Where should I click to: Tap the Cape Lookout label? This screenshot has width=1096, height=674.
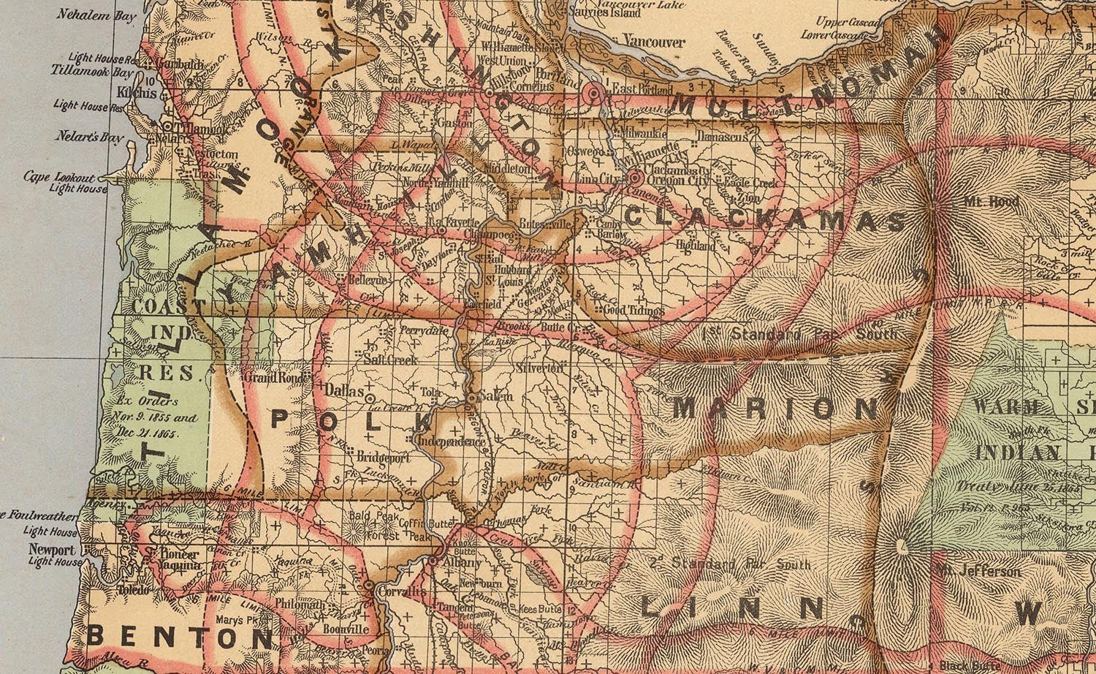(x=60, y=177)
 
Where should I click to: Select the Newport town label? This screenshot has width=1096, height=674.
(x=52, y=550)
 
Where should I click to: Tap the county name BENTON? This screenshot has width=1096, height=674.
(x=179, y=637)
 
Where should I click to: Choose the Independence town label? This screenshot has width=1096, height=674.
(x=452, y=442)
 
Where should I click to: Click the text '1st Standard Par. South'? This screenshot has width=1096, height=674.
(x=798, y=335)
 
